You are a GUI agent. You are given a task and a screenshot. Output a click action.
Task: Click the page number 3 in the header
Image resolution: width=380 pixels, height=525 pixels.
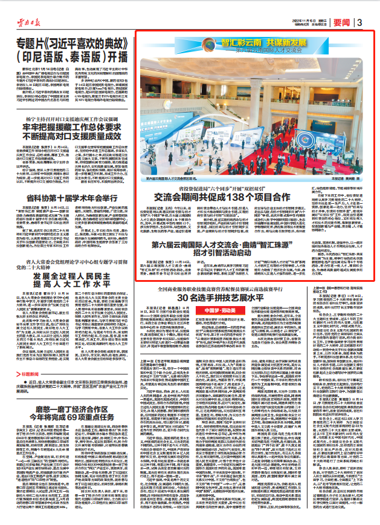pyautogui.click(x=359, y=22)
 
